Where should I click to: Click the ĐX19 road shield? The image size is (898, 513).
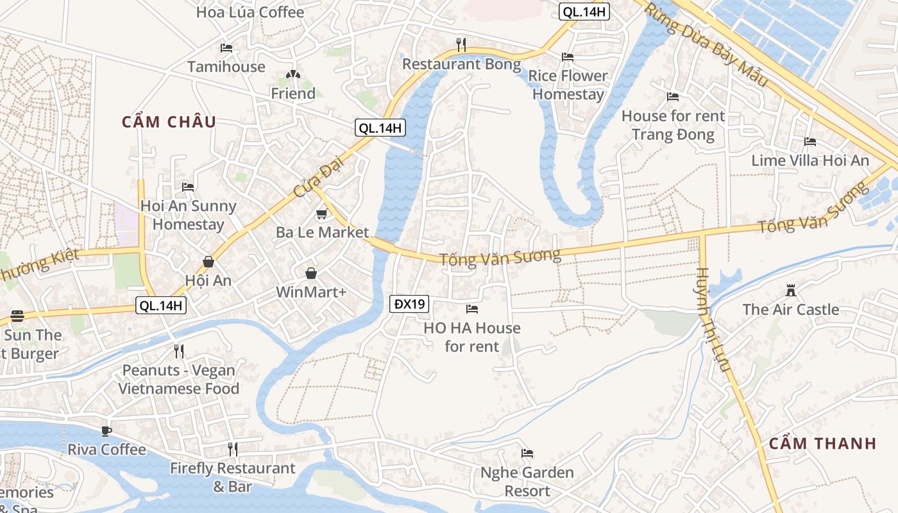pyautogui.click(x=409, y=304)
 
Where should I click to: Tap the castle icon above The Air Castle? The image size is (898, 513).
pyautogui.click(x=791, y=291)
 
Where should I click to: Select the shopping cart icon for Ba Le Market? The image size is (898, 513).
pyautogui.click(x=321, y=214)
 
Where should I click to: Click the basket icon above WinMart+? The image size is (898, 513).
pyautogui.click(x=311, y=274)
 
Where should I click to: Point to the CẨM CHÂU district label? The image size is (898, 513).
pyautogui.click(x=169, y=122)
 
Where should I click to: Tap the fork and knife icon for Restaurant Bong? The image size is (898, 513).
pyautogui.click(x=461, y=44)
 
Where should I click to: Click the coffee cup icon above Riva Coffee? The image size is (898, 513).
pyautogui.click(x=106, y=431)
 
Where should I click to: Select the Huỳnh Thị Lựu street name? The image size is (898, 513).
pyautogui.click(x=713, y=319)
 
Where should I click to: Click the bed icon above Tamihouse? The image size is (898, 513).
pyautogui.click(x=226, y=48)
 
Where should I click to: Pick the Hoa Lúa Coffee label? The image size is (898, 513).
pyautogui.click(x=250, y=12)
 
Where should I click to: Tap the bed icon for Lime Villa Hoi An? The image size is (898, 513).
pyautogui.click(x=810, y=142)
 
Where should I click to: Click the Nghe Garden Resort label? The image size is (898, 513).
pyautogui.click(x=527, y=482)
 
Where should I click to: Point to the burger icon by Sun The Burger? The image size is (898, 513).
pyautogui.click(x=17, y=317)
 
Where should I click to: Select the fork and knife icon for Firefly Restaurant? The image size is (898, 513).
pyautogui.click(x=233, y=450)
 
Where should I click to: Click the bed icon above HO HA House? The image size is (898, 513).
pyautogui.click(x=472, y=309)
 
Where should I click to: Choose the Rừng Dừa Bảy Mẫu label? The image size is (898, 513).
pyautogui.click(x=706, y=45)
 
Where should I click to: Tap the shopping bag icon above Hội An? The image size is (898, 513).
pyautogui.click(x=208, y=262)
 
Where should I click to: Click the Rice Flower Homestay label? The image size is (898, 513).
pyautogui.click(x=568, y=85)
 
